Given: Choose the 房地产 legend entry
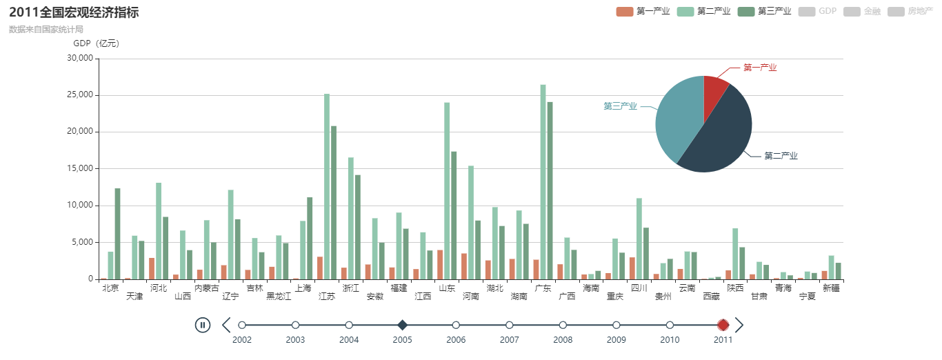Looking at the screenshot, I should (914, 11).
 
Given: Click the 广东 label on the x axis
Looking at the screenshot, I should (543, 288).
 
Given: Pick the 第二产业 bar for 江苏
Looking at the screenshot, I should (327, 186).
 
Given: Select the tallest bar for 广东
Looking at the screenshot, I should (543, 182).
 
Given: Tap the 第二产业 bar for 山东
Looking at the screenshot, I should (447, 190).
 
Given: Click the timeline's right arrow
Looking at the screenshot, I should (739, 325).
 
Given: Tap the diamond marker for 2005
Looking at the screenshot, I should (403, 325).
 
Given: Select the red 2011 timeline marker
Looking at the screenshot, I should (723, 325).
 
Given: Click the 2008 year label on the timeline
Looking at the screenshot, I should (563, 340).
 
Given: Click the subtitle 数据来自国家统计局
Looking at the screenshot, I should (46, 30).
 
